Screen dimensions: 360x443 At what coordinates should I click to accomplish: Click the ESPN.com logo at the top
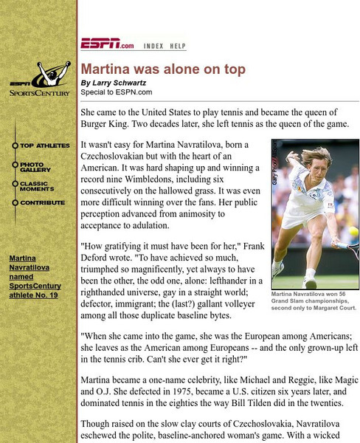click(107, 44)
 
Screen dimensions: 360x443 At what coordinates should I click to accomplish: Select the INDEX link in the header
click(153, 46)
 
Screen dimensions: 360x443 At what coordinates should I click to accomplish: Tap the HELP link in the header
click(178, 46)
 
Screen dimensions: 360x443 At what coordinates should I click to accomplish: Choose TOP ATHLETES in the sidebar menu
click(45, 145)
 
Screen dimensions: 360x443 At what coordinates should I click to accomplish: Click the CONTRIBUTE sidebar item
click(42, 202)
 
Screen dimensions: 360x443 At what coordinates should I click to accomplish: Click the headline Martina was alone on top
click(163, 69)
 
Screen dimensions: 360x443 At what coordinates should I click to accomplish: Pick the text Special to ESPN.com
click(117, 92)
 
